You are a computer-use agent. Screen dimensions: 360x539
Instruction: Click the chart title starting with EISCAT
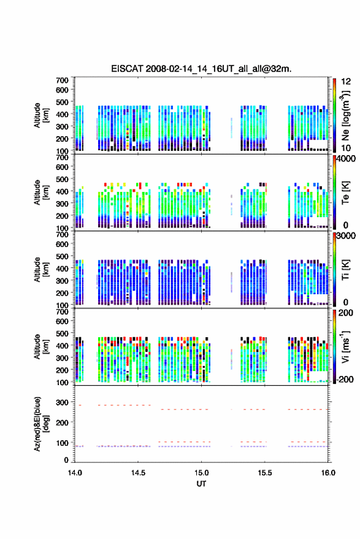[201, 69]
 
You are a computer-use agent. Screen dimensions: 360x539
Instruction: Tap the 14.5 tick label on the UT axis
[138, 473]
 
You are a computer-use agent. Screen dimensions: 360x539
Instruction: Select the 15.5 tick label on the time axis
[265, 473]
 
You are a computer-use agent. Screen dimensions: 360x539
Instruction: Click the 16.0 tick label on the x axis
[328, 473]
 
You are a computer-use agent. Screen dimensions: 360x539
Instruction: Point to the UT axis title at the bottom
[201, 484]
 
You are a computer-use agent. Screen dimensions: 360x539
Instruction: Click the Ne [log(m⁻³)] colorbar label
[345, 115]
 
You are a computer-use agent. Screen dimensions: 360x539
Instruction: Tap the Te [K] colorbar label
[345, 193]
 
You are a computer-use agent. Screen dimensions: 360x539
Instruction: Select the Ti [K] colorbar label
[345, 270]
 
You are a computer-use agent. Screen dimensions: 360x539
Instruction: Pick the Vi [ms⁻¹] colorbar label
[345, 346]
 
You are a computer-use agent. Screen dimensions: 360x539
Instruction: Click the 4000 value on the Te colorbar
[346, 159]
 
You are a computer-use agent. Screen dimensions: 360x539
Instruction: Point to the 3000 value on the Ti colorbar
[346, 236]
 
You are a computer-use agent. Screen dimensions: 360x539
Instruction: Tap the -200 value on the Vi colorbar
[345, 379]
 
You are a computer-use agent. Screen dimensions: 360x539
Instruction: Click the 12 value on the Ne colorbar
[346, 82]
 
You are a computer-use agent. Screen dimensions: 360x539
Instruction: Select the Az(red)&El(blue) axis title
[41, 424]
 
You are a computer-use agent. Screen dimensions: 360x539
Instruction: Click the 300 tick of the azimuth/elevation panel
[62, 402]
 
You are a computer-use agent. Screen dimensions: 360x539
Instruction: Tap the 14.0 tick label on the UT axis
[75, 473]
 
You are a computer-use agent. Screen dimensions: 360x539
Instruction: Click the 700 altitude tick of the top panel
[62, 80]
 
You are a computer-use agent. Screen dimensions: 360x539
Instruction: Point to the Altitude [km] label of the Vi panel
[41, 346]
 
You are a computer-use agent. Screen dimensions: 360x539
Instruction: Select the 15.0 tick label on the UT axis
[202, 473]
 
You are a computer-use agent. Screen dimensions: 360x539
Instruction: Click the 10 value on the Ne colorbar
[346, 148]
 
